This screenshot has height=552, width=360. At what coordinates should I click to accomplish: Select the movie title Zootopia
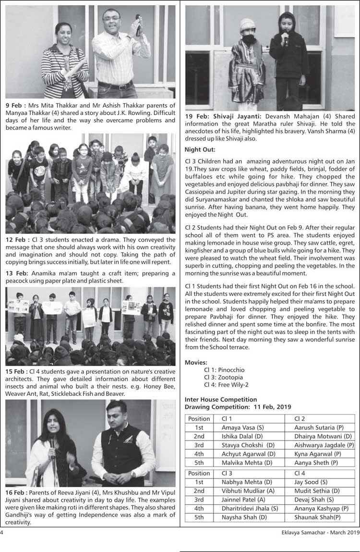coord(231,377)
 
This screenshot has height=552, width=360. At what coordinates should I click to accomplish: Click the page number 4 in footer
coord(2,532)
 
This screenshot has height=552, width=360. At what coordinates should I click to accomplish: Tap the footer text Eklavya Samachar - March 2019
coord(318,532)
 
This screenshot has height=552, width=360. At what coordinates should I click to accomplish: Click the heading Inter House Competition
coord(221,399)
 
